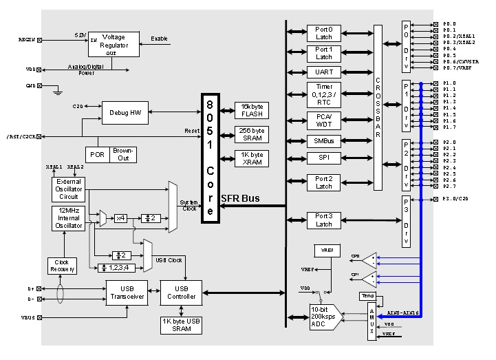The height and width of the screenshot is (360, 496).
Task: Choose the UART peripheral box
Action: [x=323, y=72]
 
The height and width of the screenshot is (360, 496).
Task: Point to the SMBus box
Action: [x=323, y=141]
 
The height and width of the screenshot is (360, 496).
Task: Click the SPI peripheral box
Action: [x=323, y=158]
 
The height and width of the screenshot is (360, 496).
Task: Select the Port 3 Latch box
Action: [x=323, y=220]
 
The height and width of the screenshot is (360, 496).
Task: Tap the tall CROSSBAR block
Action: [x=378, y=107]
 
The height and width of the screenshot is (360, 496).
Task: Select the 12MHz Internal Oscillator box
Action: [x=67, y=218]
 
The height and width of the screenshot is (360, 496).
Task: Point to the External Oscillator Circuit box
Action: [x=67, y=187]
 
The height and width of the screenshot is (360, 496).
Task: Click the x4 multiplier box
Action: [x=121, y=218]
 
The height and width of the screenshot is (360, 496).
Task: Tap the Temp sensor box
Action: [x=366, y=296]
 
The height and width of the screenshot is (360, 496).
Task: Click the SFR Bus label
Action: [x=240, y=198]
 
